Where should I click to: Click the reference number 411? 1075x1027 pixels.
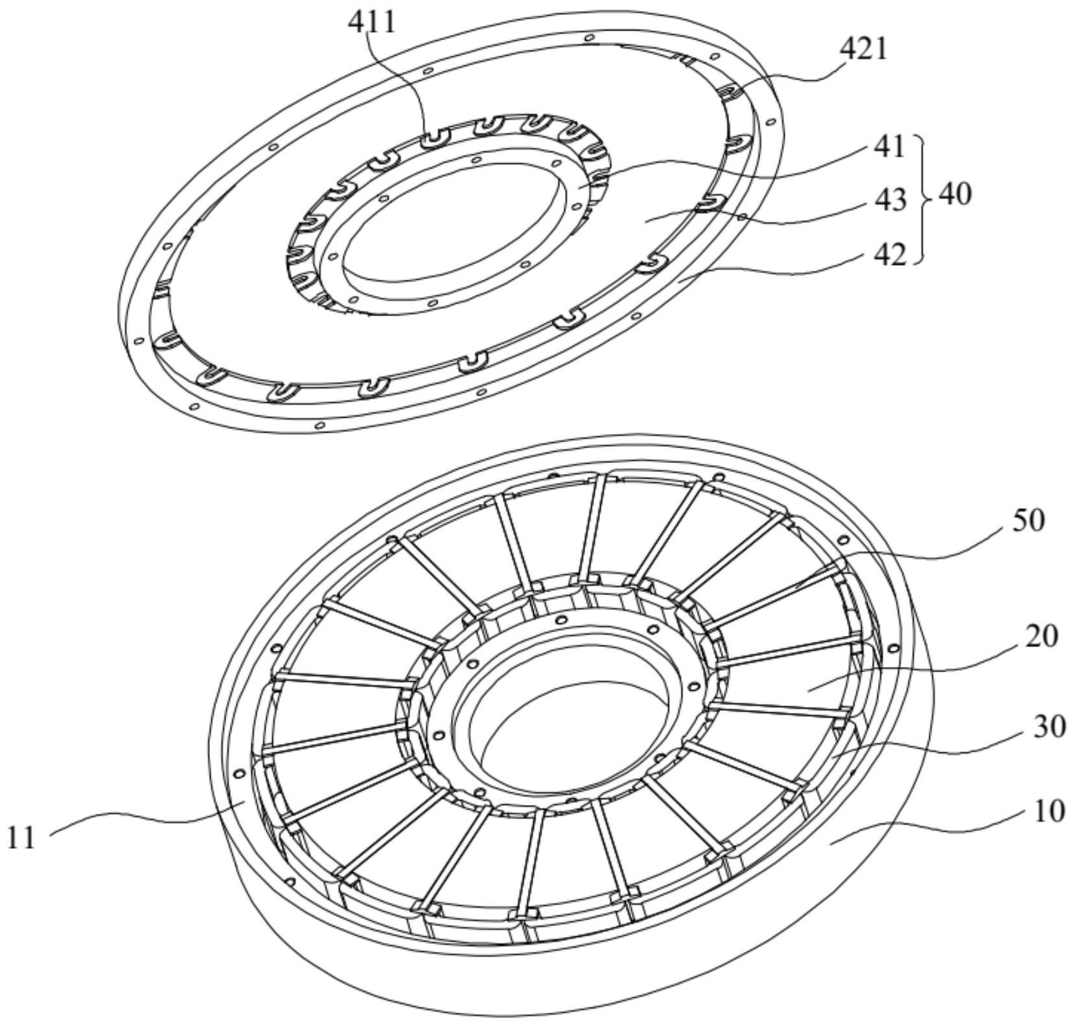371,22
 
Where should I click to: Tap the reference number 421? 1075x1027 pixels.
862,49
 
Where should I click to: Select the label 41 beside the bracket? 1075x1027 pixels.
889,147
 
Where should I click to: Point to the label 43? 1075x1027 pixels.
890,200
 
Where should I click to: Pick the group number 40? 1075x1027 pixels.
955,194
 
